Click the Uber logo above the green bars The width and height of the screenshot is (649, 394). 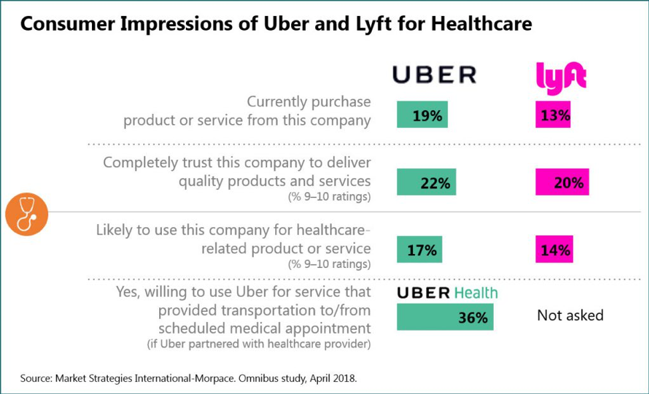[434, 75]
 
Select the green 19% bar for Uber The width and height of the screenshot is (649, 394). [422, 115]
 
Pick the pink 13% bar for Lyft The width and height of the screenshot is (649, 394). [554, 115]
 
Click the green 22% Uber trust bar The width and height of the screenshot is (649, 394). [426, 182]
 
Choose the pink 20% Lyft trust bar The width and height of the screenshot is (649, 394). [562, 182]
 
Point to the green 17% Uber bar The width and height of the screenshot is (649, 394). [419, 250]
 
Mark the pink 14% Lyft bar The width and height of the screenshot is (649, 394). [554, 250]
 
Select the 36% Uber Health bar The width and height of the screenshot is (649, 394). [445, 317]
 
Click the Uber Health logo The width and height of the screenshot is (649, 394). [447, 293]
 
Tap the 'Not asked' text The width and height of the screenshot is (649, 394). [570, 315]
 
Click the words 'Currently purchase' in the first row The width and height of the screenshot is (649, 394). [309, 102]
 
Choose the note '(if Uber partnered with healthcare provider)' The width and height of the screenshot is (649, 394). [259, 345]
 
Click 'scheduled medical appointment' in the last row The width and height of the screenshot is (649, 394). [258, 329]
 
